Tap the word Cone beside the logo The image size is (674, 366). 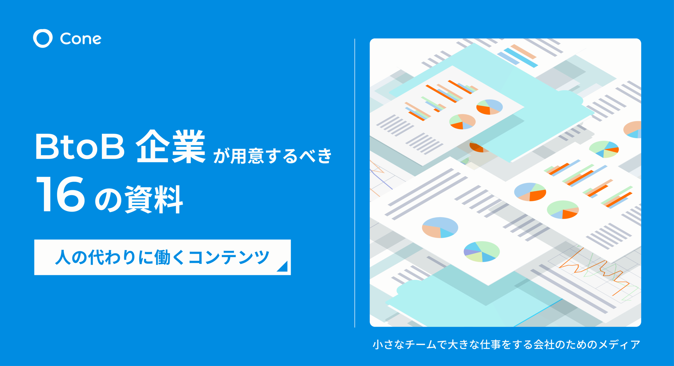tap(81, 39)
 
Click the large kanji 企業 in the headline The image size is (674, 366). tap(171, 146)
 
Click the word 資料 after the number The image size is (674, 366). tap(154, 199)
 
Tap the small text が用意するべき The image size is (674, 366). tap(272, 156)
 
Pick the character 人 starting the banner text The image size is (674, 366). tap(63, 257)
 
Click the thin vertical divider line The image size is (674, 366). tap(355, 183)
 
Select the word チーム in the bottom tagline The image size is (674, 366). tap(420, 345)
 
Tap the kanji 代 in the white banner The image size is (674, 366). tap(96, 257)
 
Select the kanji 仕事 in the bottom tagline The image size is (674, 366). tap(490, 345)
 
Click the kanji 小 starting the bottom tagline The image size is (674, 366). tap(378, 345)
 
